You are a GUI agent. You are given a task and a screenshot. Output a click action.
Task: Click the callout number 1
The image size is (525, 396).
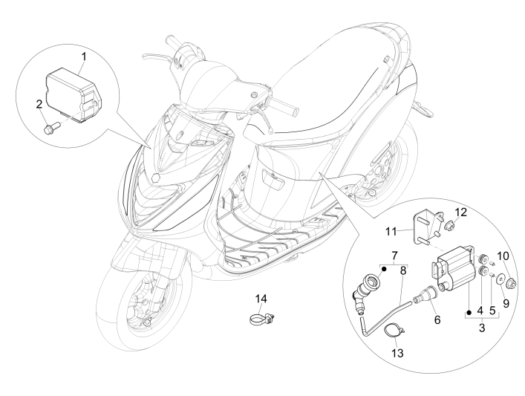click(84, 56)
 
